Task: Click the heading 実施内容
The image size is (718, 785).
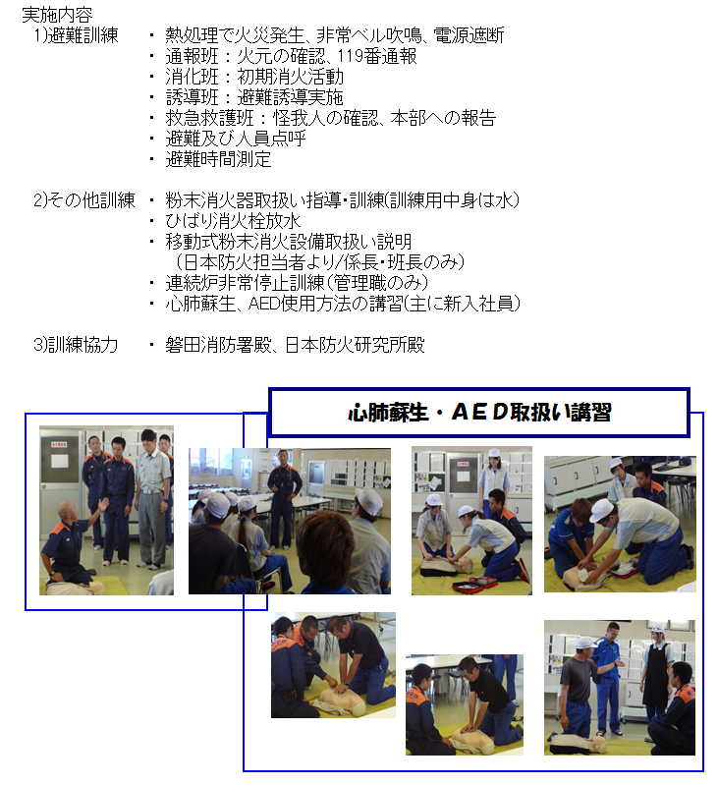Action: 57,15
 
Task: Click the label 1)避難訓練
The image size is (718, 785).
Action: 76,35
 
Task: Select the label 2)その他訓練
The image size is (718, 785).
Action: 84,200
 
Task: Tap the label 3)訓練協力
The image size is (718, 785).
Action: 76,345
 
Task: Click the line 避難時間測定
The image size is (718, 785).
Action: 218,159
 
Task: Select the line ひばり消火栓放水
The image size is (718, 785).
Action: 233,221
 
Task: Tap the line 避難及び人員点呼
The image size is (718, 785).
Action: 235,139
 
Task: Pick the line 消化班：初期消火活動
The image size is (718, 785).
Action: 254,77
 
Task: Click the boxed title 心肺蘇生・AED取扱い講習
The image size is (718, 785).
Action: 479,412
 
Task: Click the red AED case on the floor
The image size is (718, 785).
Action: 474,584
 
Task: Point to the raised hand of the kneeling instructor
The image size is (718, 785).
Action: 103,504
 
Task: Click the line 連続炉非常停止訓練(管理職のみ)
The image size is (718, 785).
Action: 297,283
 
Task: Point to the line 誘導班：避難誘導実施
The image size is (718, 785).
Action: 254,97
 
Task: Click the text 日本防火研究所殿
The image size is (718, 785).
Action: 355,345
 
